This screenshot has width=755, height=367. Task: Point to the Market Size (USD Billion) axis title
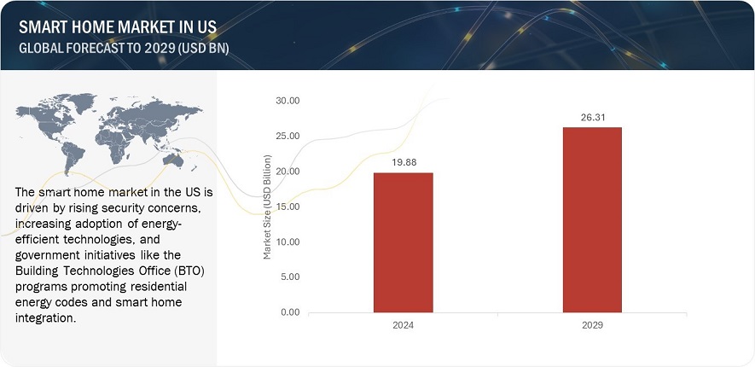pyautogui.click(x=267, y=207)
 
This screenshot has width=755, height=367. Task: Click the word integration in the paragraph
pyautogui.click(x=49, y=317)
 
